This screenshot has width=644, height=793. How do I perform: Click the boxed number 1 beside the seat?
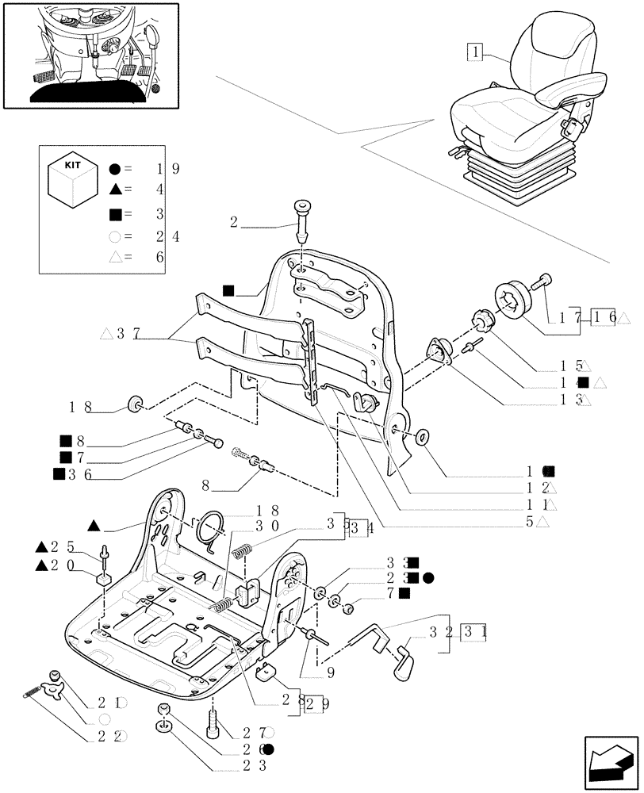473,53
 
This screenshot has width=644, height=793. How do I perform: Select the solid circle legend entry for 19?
115,168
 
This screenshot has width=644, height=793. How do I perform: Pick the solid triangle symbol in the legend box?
115,190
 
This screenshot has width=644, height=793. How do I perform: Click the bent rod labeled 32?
373,633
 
